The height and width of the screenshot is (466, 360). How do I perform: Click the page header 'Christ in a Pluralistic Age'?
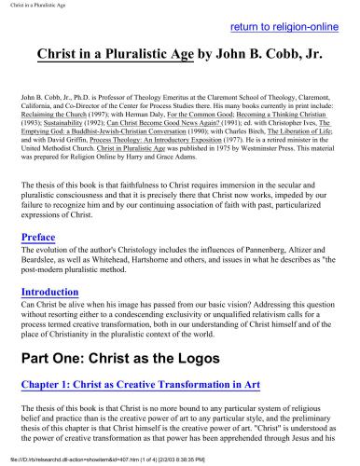tap(36, 5)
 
